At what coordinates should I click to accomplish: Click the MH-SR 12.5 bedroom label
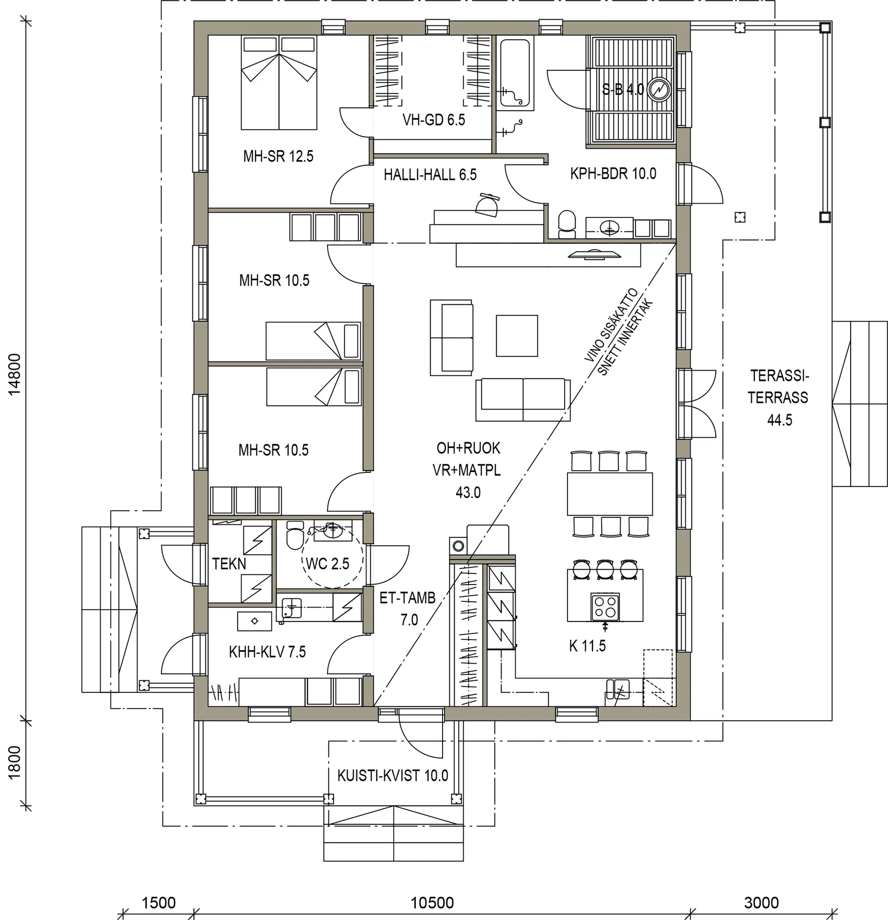coord(278,156)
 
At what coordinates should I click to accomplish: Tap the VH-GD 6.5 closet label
coord(433,119)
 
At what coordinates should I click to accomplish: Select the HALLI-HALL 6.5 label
coord(430,175)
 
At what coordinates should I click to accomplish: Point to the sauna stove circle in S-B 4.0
coord(659,90)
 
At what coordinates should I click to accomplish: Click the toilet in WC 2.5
coord(294,536)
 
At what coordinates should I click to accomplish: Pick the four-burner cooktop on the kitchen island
coord(605,607)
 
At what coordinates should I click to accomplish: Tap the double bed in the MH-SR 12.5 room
coord(279,82)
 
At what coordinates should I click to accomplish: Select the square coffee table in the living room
coord(516,335)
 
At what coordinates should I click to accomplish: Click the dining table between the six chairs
coord(609,494)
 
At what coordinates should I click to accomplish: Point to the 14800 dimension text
coord(15,374)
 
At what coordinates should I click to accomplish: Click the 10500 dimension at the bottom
coord(432,903)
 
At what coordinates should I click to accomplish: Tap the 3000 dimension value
coord(761,903)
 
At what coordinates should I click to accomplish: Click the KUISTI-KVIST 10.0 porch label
coord(392,775)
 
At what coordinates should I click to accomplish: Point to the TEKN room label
coord(229,564)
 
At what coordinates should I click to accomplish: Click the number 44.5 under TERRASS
coord(779,420)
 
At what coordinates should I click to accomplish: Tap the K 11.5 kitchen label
coord(587,646)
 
